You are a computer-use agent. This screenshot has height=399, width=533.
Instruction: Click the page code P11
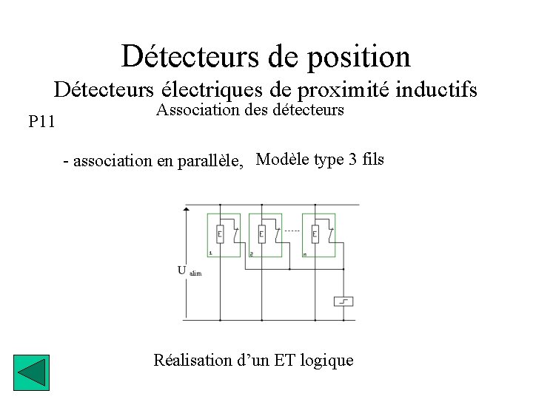[x=41, y=121]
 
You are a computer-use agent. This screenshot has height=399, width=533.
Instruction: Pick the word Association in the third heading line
[x=193, y=110]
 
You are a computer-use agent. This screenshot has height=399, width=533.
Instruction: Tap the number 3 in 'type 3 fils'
[x=352, y=159]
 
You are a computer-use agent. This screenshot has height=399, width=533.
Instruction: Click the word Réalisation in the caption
[x=192, y=361]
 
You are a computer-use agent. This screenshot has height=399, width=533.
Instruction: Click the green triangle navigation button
[x=31, y=373]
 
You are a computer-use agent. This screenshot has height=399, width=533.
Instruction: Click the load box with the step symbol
[x=343, y=301]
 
